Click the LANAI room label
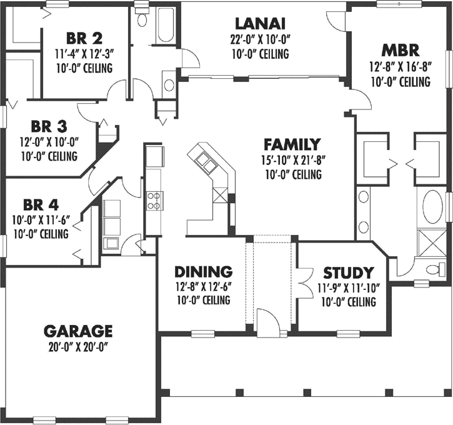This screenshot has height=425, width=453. click(x=262, y=24)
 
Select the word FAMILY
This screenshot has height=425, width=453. click(x=292, y=144)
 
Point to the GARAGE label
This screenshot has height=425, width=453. click(x=78, y=331)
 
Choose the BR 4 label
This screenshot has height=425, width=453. click(x=37, y=205)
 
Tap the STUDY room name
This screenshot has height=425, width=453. click(x=348, y=273)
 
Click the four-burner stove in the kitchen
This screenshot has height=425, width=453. click(x=154, y=200)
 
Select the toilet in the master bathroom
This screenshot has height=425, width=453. click(x=434, y=269)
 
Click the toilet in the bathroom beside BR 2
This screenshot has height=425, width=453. click(x=142, y=18)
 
